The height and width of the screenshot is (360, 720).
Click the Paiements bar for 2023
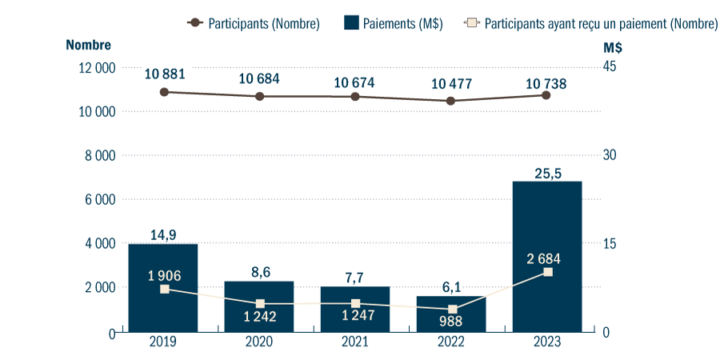pos(547,256)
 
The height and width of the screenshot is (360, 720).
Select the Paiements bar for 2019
pos(164,288)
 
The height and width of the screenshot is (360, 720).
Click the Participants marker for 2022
pos(451,101)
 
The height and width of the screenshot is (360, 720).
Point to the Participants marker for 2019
pos(164,92)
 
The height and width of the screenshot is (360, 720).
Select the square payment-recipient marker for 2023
pos(547,273)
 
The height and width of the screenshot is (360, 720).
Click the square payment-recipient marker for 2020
pos(260,304)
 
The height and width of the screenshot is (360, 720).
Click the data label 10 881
pos(165,74)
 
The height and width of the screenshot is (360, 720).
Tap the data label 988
pos(451,322)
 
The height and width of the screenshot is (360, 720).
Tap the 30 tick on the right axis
pos(610,155)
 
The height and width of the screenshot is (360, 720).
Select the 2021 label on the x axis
pos(355,342)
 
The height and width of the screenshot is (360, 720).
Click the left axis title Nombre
pos(88,46)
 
